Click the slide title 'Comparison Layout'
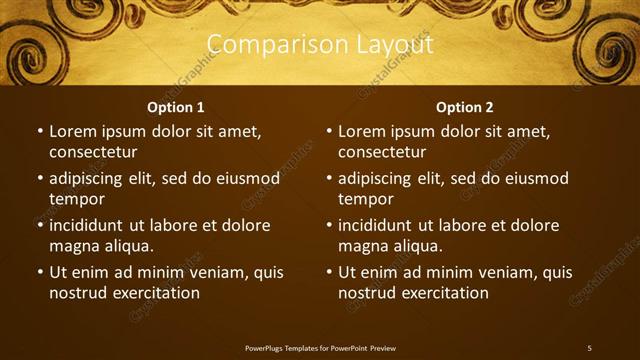tap(319, 45)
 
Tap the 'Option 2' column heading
tap(465, 107)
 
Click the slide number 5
tap(589, 347)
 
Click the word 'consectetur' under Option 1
tap(93, 152)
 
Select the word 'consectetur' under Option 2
tap(382, 152)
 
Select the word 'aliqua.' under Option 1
tap(129, 246)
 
